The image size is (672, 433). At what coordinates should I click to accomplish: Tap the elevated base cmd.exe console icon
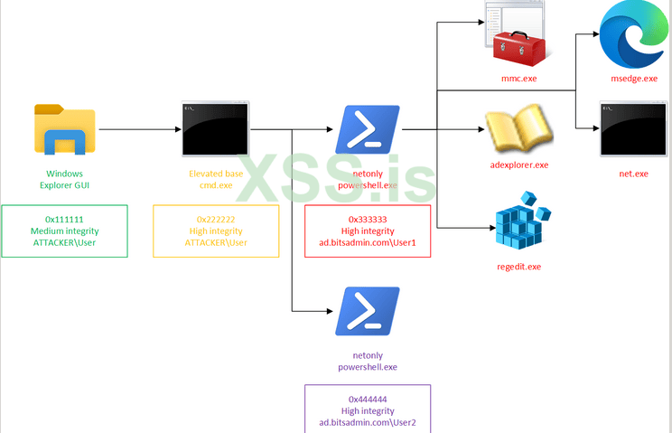(x=215, y=128)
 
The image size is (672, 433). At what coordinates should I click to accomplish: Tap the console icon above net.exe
(x=633, y=129)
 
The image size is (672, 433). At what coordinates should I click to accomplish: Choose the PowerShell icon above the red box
(x=368, y=130)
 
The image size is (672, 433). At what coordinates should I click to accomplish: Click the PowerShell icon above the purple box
(x=368, y=312)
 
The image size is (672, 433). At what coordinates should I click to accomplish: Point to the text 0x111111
(x=64, y=219)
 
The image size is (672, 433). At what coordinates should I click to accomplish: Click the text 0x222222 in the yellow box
(x=215, y=219)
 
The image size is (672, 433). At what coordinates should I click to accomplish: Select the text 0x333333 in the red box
(x=368, y=219)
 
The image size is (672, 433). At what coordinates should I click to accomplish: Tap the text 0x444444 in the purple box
(x=368, y=399)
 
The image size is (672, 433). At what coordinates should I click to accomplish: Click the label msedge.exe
(x=633, y=79)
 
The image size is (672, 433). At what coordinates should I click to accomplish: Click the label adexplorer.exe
(x=518, y=165)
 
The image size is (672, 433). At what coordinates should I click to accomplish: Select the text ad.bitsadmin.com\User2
(x=368, y=422)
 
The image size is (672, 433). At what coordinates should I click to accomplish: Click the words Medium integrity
(x=64, y=231)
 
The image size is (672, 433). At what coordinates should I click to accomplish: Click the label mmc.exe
(x=518, y=79)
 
